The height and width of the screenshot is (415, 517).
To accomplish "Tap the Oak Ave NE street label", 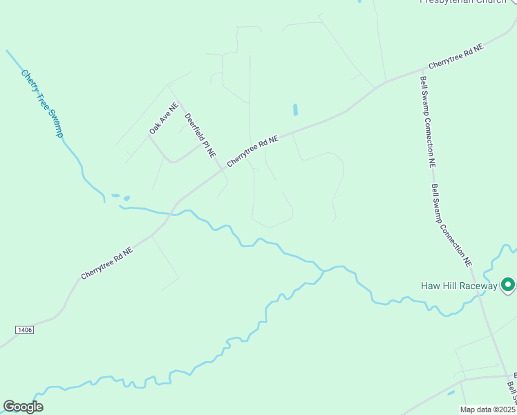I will [164, 118].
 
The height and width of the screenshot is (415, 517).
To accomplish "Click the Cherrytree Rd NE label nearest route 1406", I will [106, 264].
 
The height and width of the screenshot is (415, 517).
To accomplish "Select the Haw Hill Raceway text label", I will [459, 286].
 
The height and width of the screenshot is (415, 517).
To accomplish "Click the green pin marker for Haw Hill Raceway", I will [508, 284].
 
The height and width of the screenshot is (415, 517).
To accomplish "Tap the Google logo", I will [23, 407].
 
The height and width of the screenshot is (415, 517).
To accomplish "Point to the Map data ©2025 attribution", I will [487, 409].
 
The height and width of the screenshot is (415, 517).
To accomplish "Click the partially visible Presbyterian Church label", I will [463, 1].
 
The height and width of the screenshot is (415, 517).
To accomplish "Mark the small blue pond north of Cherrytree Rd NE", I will [295, 109].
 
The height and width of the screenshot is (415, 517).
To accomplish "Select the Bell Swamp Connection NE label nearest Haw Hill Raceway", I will [451, 225].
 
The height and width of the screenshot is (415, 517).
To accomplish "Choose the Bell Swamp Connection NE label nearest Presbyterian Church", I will [427, 121].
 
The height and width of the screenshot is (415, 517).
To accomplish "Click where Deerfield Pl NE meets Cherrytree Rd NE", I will [223, 168].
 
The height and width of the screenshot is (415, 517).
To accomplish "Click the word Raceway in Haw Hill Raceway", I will [477, 286].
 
